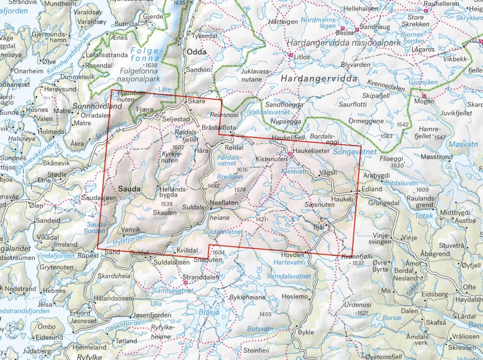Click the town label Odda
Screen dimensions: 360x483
click(x=197, y=52)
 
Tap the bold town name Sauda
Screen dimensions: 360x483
click(x=129, y=189)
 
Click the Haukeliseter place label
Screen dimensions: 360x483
click(x=311, y=151)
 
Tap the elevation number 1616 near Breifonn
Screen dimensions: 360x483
click(x=243, y=170)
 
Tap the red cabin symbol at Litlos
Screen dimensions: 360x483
click(x=291, y=55)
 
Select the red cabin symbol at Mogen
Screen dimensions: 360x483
click(x=424, y=96)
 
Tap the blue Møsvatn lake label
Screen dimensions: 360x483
click(x=463, y=144)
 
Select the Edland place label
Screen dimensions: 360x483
click(x=372, y=189)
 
